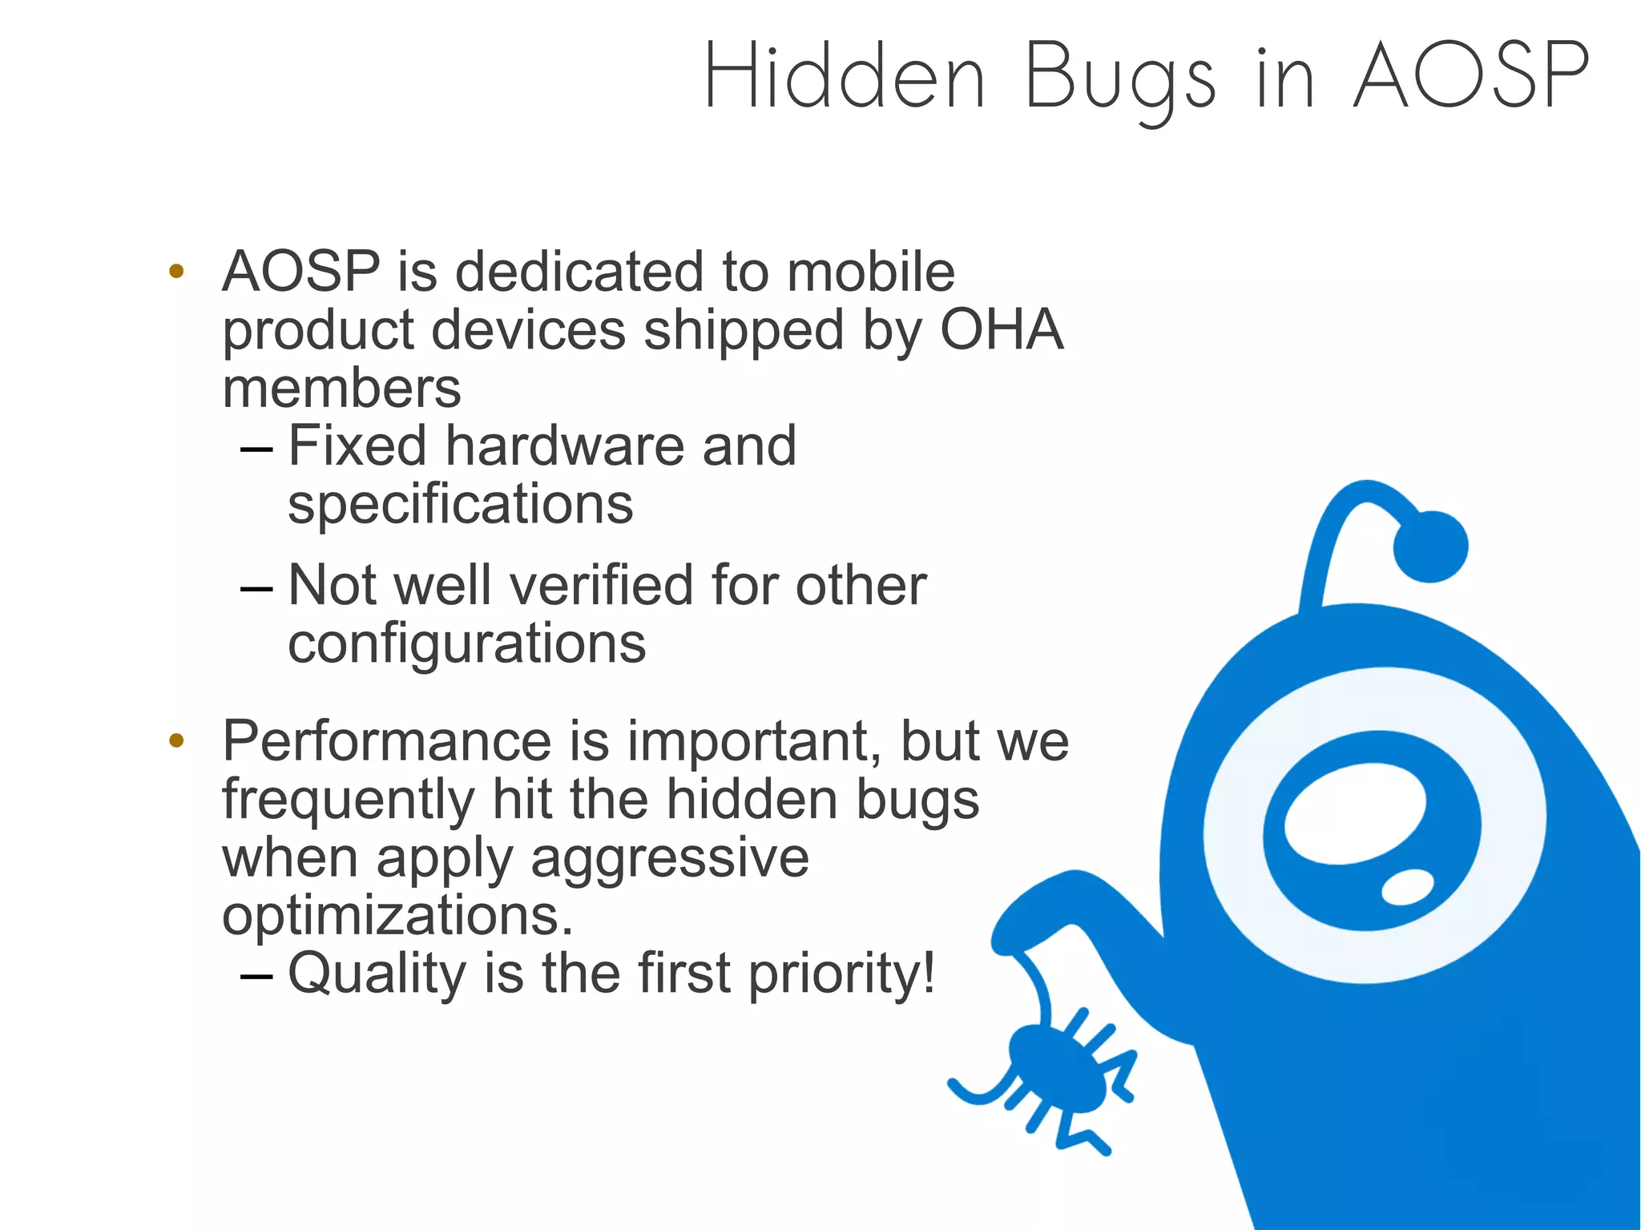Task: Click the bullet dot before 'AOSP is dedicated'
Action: click(176, 271)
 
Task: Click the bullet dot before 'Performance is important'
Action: click(176, 740)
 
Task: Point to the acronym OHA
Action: click(1001, 329)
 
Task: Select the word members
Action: click(341, 389)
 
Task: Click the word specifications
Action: click(460, 505)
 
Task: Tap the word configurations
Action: click(466, 643)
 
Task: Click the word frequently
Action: click(348, 801)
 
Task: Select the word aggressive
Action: click(669, 858)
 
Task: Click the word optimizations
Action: click(397, 915)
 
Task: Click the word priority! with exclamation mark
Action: click(841, 974)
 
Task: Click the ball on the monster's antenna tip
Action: click(1430, 546)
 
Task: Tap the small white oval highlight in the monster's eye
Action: click(1408, 887)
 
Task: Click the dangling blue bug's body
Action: click(1056, 1070)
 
